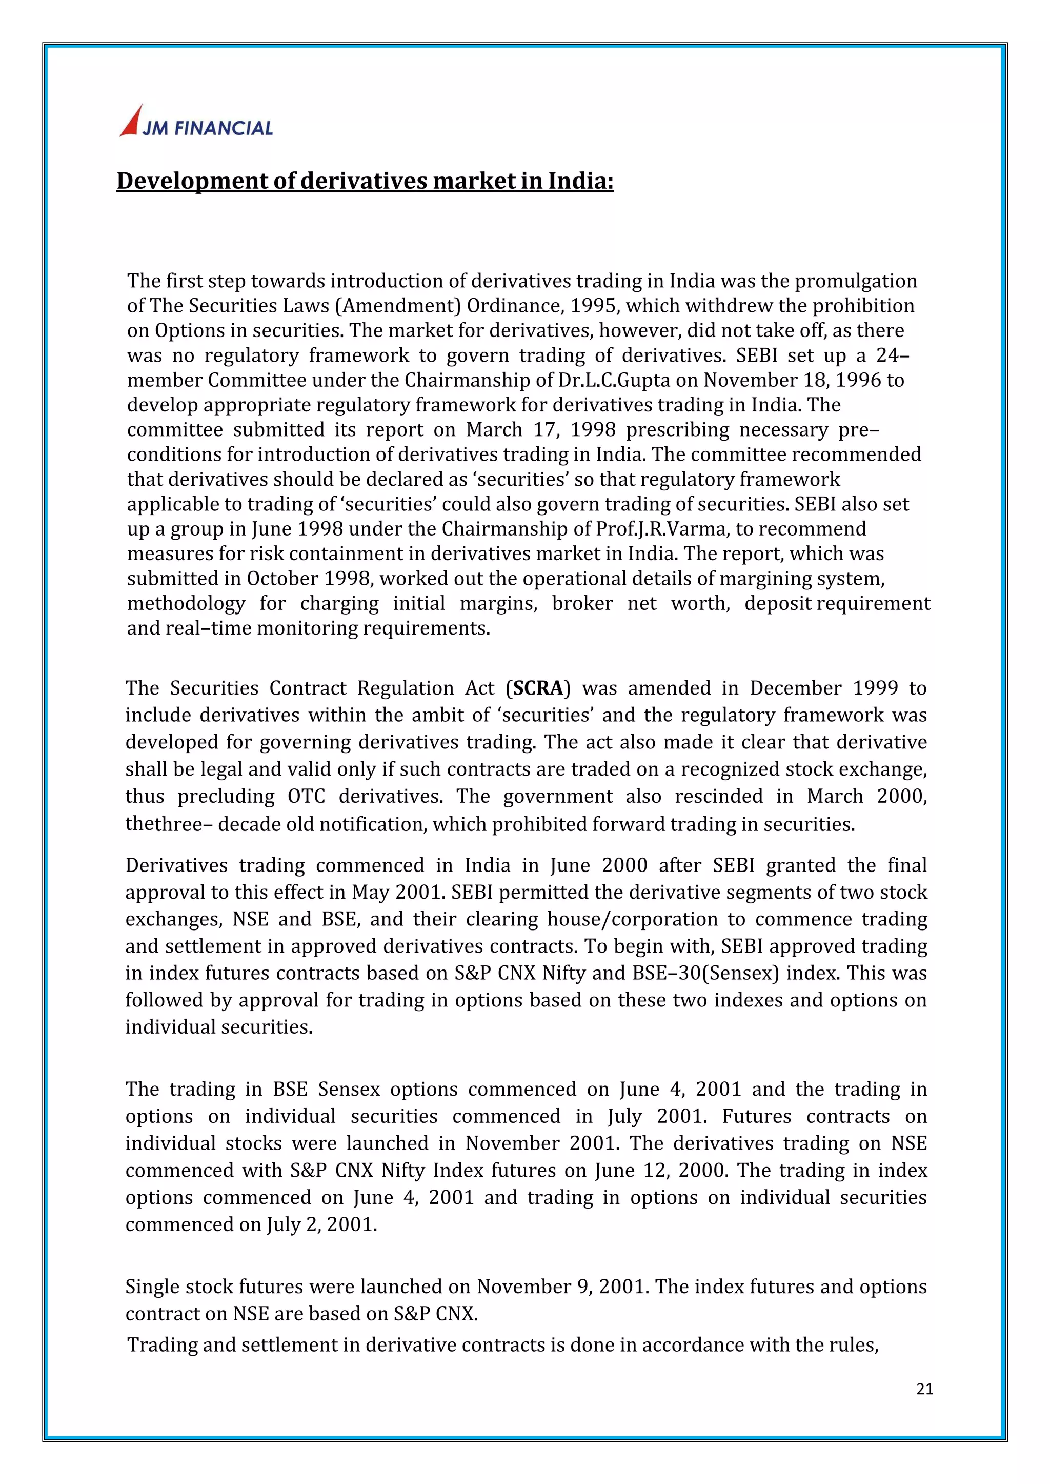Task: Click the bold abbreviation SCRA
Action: (538, 688)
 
